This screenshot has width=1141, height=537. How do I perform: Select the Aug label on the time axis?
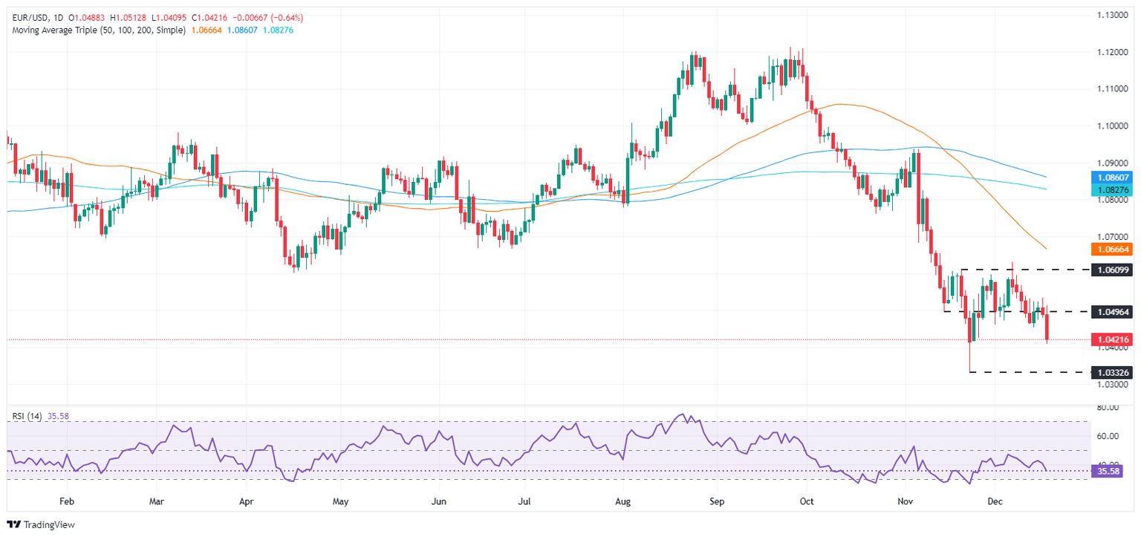[x=623, y=501]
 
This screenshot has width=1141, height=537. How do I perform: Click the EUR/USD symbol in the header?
[x=27, y=17]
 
